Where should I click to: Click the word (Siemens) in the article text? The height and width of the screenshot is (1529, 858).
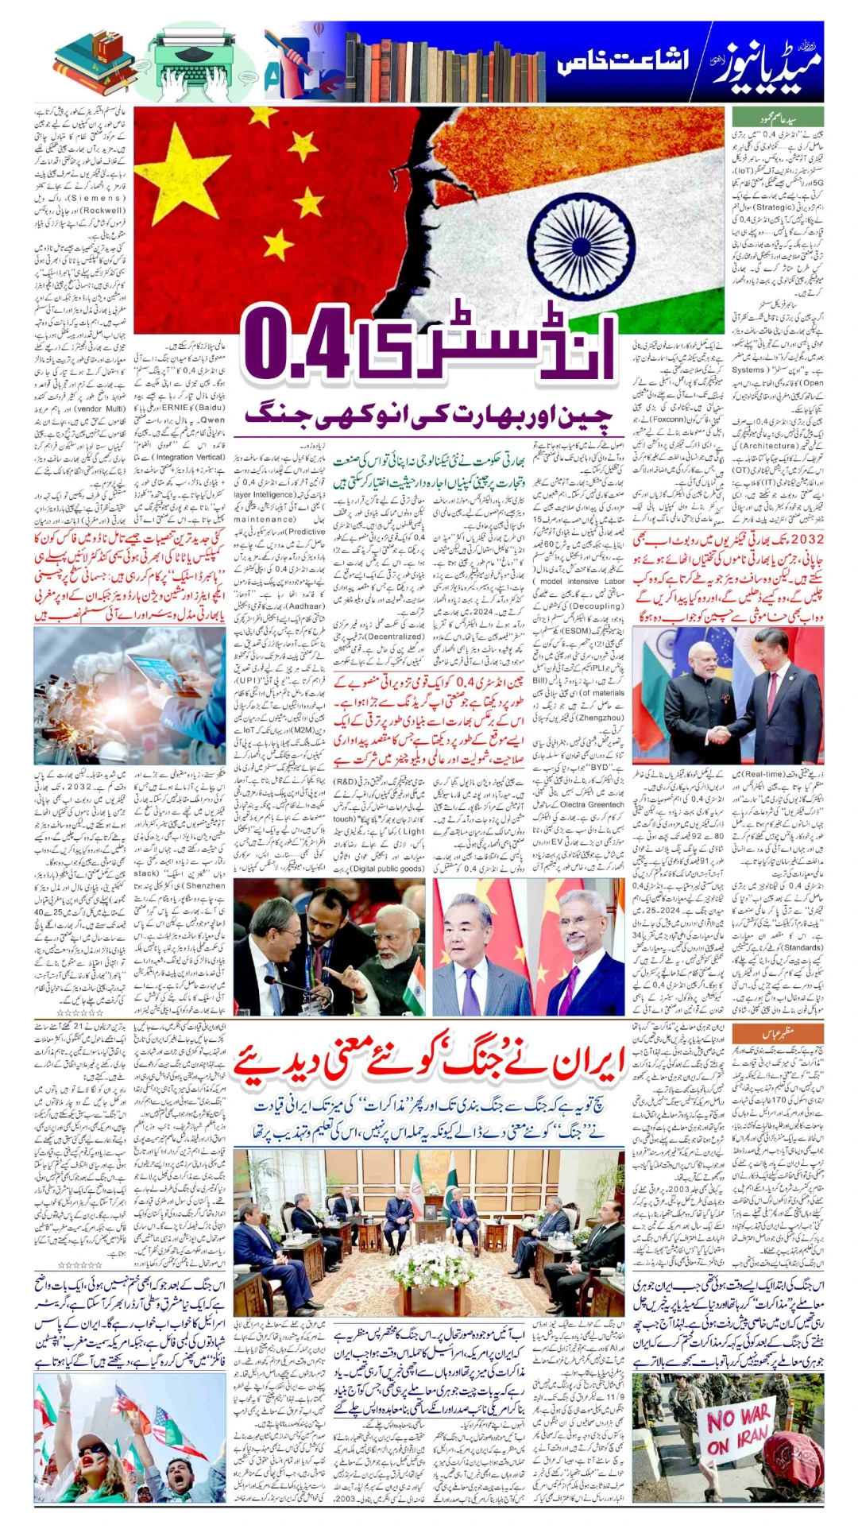(96, 198)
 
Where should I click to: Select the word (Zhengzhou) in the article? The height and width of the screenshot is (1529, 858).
(601, 717)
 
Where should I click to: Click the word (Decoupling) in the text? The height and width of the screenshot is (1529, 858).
(595, 606)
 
